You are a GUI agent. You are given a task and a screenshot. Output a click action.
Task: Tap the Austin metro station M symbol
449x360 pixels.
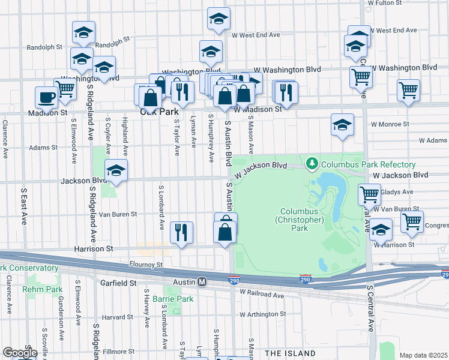[202, 281]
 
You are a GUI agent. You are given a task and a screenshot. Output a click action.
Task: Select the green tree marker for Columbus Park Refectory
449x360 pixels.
[312, 163]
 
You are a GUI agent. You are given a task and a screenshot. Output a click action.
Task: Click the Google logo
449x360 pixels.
[19, 353]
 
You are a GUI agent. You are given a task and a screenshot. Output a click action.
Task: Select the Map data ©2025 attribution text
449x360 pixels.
[423, 355]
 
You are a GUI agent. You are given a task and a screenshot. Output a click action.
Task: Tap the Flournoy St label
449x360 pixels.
[146, 264]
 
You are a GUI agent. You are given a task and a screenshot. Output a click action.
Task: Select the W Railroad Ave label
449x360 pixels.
[262, 293]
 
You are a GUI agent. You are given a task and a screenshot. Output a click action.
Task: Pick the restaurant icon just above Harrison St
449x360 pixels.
[182, 231]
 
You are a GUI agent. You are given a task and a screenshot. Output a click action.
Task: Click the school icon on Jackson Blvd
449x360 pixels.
[116, 170]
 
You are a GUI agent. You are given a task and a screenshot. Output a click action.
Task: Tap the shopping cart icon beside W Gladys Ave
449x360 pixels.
[369, 194]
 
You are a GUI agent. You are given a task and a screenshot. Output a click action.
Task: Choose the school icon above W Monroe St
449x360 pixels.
[342, 124]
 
